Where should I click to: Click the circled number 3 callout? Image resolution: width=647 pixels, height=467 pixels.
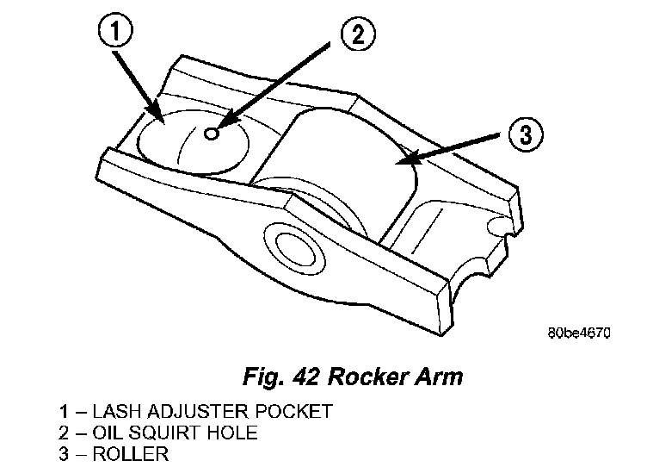coord(525,135)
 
